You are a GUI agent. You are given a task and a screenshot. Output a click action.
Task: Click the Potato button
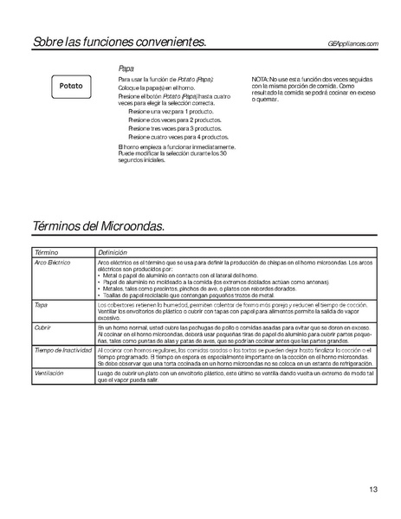[72, 87]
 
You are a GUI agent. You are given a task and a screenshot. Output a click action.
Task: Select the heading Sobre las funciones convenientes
[120, 42]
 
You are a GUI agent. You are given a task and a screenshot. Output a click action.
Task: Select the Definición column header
[113, 250]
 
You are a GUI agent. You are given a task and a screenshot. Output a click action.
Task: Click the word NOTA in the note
[262, 79]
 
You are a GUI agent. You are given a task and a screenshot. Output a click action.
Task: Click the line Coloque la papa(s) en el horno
[153, 87]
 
